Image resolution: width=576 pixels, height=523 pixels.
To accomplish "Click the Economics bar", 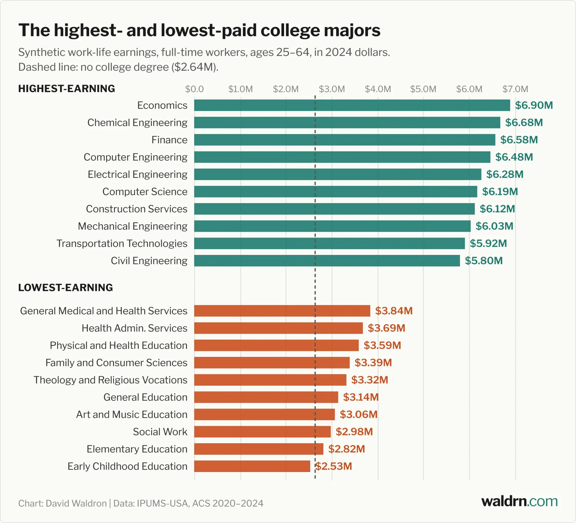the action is tap(352, 105).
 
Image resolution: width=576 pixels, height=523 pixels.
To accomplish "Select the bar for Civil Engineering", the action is tap(327, 261).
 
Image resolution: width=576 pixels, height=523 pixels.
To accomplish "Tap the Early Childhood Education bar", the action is tap(252, 466).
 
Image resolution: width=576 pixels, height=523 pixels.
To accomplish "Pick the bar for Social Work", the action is tap(262, 432).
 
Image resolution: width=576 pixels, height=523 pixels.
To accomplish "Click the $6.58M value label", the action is tap(519, 140).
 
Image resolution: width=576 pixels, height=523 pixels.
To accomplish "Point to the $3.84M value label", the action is tap(394, 311).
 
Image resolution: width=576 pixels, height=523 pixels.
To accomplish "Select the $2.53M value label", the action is tap(334, 466).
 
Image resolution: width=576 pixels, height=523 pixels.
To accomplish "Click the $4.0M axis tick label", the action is tap(378, 89).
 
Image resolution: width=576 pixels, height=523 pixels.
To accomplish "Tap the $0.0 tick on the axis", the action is tap(194, 89).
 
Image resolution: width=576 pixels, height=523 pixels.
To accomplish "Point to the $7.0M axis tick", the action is tap(515, 89).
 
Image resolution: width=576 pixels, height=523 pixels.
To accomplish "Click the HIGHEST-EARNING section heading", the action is tap(67, 89).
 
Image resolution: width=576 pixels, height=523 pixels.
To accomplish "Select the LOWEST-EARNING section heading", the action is tap(66, 288).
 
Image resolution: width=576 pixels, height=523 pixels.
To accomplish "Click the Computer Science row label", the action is tap(145, 192).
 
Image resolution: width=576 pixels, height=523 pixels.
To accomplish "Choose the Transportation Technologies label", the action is tap(122, 244).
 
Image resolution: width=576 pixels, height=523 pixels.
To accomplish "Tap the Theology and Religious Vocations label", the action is tap(110, 380).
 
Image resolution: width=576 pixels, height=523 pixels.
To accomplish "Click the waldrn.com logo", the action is tap(520, 501).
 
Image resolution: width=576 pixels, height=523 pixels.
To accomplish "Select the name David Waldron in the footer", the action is tap(76, 503).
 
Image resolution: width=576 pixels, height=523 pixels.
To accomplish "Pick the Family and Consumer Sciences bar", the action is tap(272, 363).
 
